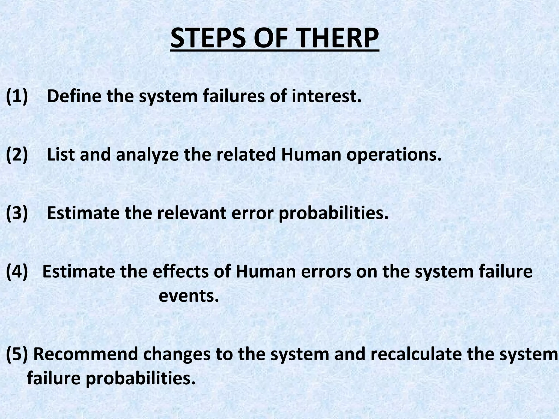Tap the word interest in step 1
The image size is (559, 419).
326,96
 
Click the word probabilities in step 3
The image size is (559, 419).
333,214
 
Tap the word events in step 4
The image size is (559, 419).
189,296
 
